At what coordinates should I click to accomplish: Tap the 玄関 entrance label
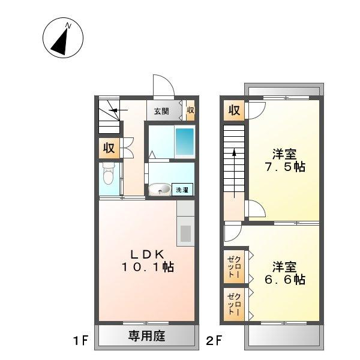coord(161,110)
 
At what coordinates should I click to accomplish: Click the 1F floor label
coord(82,342)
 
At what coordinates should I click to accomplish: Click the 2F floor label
coord(214,342)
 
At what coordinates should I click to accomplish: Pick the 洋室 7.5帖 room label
coord(285,160)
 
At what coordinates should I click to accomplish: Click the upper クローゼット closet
coord(233,266)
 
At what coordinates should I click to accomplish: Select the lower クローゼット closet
coord(233,304)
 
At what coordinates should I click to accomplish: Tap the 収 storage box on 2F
coord(234,110)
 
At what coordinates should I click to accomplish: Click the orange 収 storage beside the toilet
coord(109,148)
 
